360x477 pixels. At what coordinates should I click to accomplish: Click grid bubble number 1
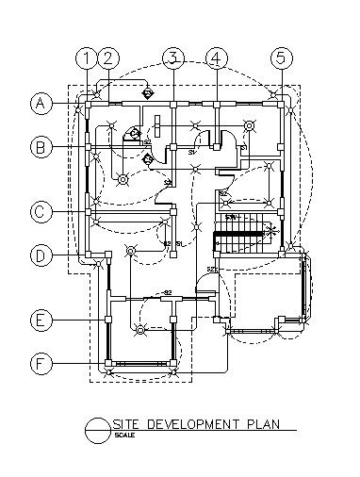click(87, 58)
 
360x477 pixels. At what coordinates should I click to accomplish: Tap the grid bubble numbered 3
click(172, 58)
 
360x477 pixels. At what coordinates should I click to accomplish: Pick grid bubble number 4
click(216, 58)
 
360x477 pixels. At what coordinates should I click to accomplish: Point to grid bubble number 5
click(281, 58)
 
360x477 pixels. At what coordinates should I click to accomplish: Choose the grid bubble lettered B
click(41, 146)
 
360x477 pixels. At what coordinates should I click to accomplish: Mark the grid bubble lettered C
click(41, 212)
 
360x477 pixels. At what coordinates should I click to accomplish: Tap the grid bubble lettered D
click(41, 255)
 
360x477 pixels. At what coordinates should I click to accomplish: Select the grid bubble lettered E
click(41, 321)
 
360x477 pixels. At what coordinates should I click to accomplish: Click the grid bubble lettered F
click(41, 363)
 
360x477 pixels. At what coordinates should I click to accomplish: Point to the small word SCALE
click(123, 435)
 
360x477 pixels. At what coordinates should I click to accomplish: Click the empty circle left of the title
click(97, 430)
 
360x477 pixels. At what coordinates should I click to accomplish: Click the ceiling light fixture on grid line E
click(140, 330)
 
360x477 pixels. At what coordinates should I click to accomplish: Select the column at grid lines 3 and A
click(172, 101)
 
